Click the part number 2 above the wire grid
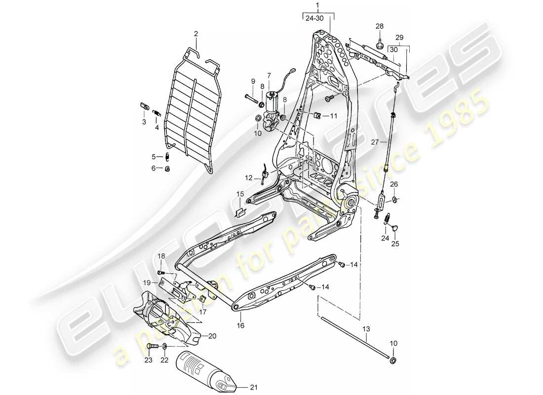(x=195, y=34)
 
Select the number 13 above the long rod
(x=365, y=328)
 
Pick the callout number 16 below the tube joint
(x=240, y=326)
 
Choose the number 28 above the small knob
(x=379, y=26)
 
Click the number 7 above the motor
(x=269, y=75)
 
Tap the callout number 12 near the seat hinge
(x=249, y=177)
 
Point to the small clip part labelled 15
(x=240, y=212)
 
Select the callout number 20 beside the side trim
(x=212, y=336)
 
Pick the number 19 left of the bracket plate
(x=147, y=282)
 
